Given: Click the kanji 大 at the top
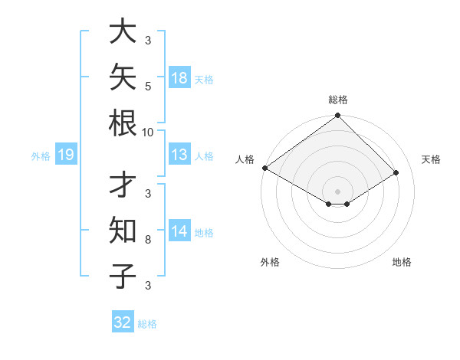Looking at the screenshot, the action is [123, 31].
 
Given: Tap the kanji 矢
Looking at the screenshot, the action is [123, 77].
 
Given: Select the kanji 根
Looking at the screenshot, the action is [123, 123].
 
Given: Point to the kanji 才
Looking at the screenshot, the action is [123, 184].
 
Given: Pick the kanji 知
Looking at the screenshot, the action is [123, 230].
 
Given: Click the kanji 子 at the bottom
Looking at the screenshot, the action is [123, 276].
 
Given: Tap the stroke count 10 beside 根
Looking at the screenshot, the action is [147, 133].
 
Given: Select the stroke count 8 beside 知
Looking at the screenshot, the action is [148, 240].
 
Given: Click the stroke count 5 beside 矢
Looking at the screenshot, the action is [148, 87].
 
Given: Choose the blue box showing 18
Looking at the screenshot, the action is [179, 77].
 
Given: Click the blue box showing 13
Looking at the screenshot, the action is [179, 154].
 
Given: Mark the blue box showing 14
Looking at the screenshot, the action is [179, 230].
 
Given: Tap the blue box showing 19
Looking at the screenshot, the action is [66, 154].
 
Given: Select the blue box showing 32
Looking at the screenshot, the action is [123, 321].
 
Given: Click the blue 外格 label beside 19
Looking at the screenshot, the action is [41, 156].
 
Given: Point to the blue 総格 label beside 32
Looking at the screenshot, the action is [147, 324].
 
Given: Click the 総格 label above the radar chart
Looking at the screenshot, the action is [338, 100].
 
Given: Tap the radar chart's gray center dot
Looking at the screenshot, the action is [337, 191].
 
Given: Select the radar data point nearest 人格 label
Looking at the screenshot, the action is [265, 168].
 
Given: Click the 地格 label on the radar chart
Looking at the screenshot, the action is [402, 262].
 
